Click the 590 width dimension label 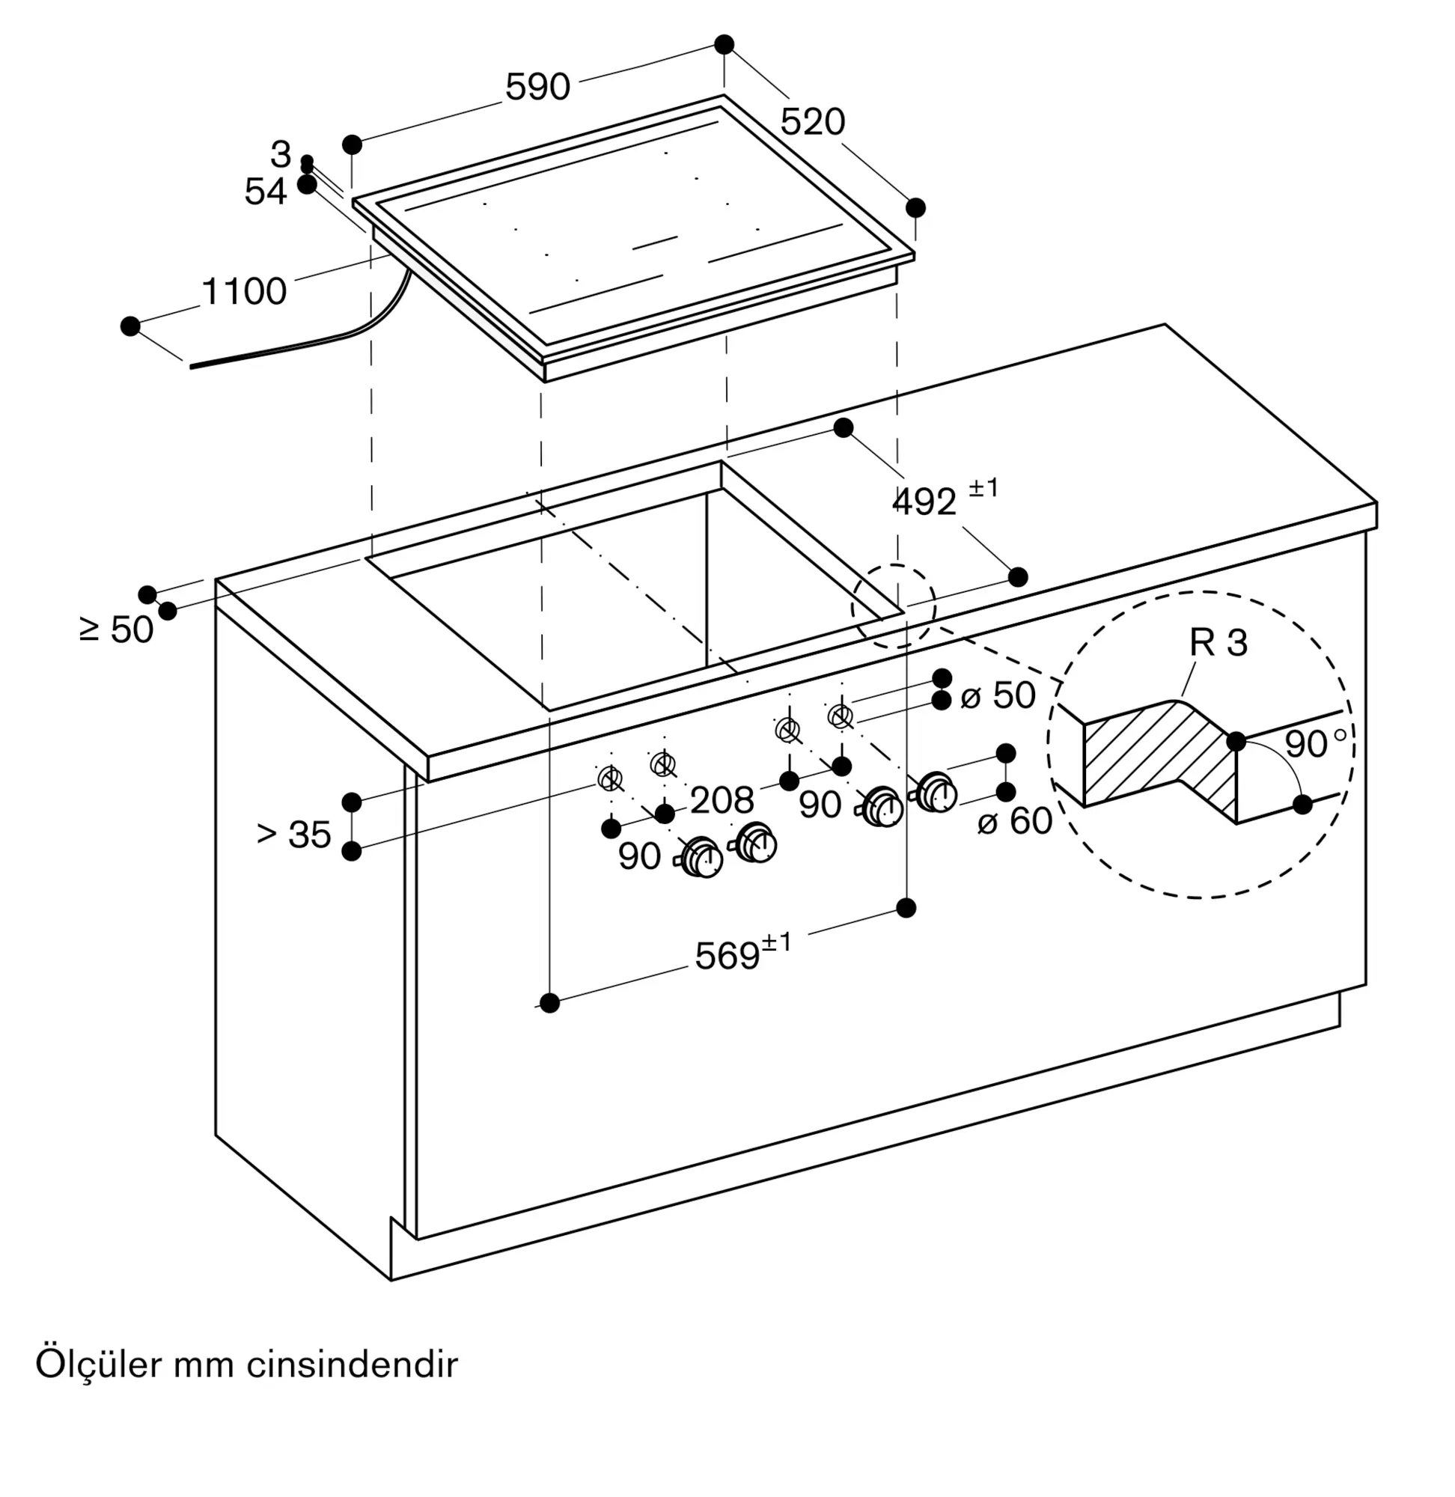pos(537,87)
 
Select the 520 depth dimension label pos(812,121)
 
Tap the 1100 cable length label pos(244,291)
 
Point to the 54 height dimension pos(265,191)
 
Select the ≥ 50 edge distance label pos(117,629)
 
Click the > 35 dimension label pos(294,835)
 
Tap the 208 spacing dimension pos(722,800)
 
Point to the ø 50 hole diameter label pos(998,695)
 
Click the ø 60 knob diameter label pos(1015,820)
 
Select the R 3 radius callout pos(1218,643)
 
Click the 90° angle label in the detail pos(1316,743)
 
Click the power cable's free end pos(191,366)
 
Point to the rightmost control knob pos(936,792)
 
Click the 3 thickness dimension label pos(281,154)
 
